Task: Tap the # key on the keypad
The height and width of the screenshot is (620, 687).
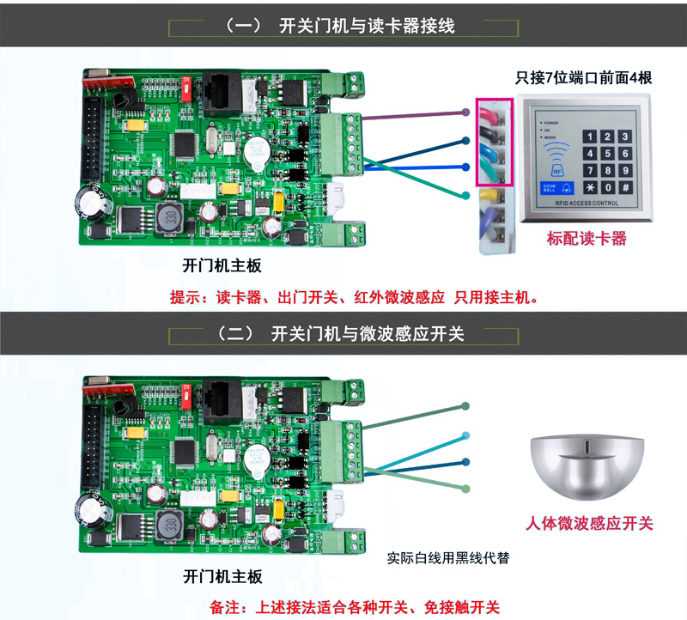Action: point(626,187)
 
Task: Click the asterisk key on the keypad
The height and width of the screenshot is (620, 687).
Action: point(591,187)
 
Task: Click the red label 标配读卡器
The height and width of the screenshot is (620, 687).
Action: point(587,239)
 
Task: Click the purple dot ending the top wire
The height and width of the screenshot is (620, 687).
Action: point(465,112)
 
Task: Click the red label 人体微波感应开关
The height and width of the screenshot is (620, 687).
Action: point(589,524)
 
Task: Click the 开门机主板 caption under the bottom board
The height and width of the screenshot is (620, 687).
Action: point(222,576)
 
